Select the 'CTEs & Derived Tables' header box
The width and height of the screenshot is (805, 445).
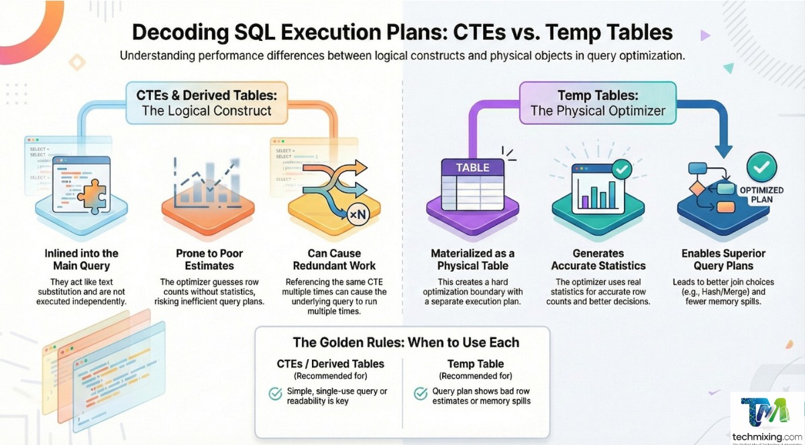[x=207, y=101]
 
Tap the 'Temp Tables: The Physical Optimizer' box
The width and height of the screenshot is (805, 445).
[x=598, y=102]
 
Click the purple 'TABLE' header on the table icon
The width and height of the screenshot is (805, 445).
[x=472, y=168]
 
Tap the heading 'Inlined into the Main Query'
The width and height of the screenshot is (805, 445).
[x=81, y=260]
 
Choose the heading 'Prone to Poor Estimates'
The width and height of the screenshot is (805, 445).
[x=209, y=260]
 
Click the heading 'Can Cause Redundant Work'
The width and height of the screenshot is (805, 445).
[x=334, y=260]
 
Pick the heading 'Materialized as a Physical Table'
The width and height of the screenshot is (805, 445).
[x=473, y=260]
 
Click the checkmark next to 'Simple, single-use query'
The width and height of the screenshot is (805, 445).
[x=275, y=394]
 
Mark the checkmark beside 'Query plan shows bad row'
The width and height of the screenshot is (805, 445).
[x=421, y=394]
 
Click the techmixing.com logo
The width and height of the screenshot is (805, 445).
[x=767, y=416]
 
